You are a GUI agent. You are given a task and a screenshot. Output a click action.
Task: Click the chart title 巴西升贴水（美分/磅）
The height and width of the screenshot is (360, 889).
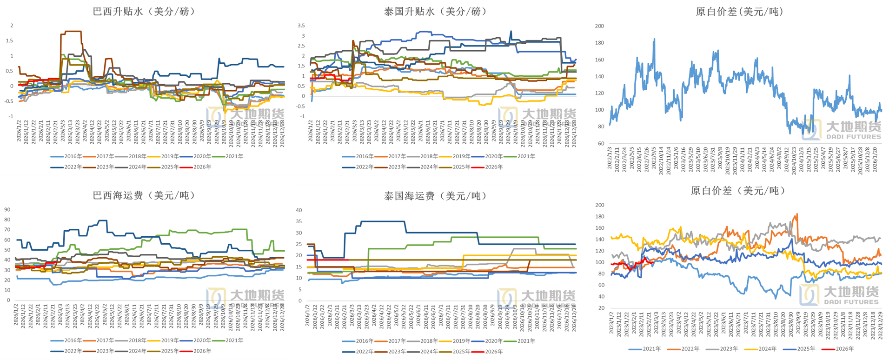[144, 12]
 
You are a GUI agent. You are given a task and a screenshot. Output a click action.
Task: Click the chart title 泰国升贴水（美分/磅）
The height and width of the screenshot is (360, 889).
[435, 12]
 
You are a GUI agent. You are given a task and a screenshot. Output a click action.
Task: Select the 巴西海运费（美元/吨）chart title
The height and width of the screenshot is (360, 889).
[144, 195]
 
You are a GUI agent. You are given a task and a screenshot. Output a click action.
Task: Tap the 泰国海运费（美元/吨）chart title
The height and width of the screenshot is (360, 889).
[435, 196]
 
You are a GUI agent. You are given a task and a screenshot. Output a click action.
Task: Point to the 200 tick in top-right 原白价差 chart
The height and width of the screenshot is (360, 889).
[600, 26]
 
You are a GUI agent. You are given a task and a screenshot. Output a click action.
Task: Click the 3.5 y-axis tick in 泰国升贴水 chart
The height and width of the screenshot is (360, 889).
[301, 26]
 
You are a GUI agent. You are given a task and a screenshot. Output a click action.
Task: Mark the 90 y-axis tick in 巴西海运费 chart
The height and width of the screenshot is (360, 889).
[7, 210]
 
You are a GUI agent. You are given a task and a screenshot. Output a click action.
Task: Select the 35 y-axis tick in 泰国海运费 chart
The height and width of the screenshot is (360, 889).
[299, 221]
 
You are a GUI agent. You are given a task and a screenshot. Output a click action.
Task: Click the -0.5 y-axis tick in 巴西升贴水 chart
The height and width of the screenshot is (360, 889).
[9, 101]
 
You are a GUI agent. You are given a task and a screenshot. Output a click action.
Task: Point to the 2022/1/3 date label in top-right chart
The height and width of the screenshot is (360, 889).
[610, 158]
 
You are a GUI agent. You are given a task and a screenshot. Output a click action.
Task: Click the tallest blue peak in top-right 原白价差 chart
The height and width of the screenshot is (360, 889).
[654, 40]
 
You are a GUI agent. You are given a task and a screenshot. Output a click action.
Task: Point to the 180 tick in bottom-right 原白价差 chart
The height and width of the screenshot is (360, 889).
[600, 216]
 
